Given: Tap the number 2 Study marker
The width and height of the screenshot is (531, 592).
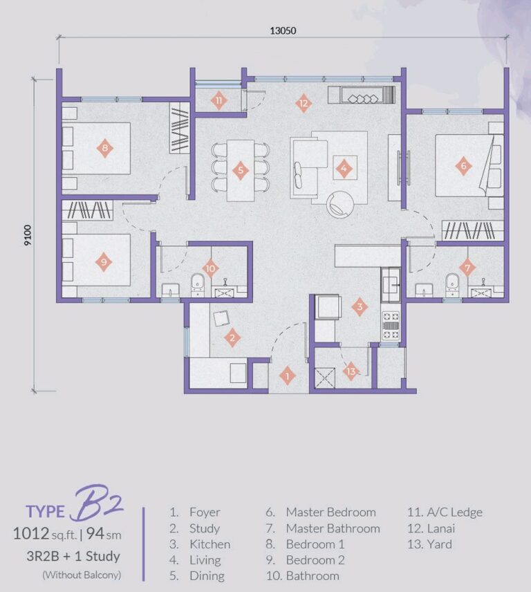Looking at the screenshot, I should (233, 337).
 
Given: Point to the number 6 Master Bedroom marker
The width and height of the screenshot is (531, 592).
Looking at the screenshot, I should (463, 165).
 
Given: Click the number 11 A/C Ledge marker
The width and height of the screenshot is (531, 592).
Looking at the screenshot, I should (219, 101).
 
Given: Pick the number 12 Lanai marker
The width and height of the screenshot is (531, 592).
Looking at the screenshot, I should (303, 104).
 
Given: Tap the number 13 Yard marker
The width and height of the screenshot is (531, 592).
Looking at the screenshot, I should (351, 371).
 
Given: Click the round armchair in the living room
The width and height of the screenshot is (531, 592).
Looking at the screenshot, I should (341, 203).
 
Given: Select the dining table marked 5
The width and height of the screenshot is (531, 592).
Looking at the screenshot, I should (240, 170).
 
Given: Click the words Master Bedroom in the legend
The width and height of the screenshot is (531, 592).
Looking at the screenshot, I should (330, 512).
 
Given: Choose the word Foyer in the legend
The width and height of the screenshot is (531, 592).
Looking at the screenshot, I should (205, 512).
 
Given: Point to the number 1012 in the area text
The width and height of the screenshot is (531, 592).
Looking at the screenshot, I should (32, 533).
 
